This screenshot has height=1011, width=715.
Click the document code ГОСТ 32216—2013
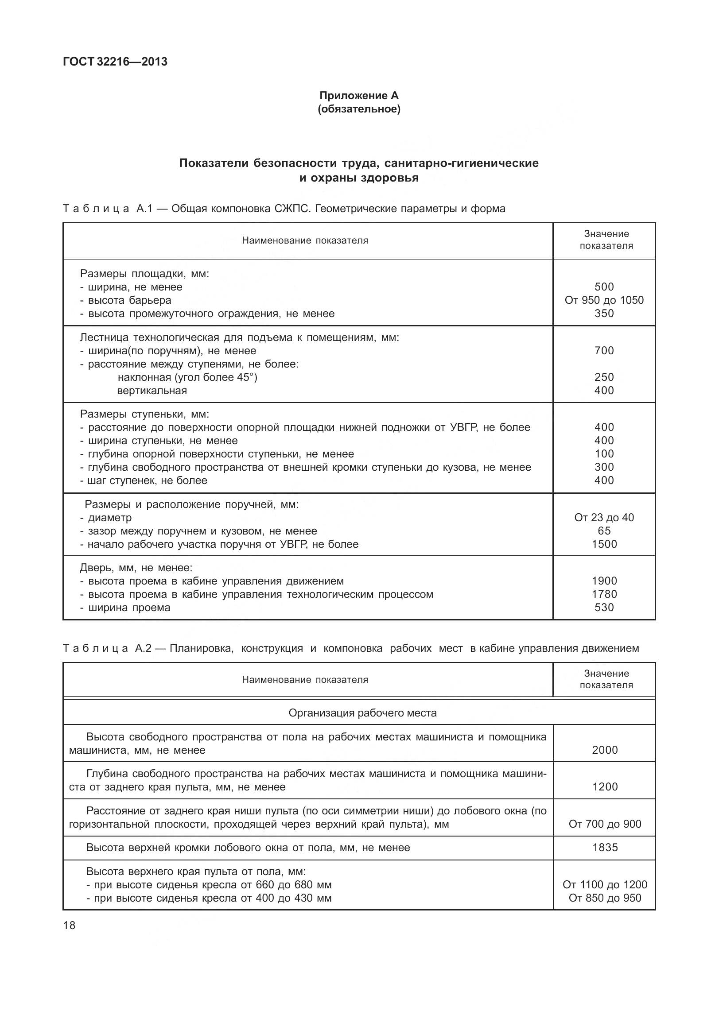coord(115,62)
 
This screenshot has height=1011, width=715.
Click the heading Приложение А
coord(359,96)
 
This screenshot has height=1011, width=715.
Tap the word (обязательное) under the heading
coord(359,109)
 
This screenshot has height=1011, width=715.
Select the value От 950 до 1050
coord(604,300)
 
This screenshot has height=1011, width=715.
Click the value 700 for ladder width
coord(604,351)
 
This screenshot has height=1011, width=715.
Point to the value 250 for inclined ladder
coord(604,377)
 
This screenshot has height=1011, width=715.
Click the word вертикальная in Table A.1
coord(152,391)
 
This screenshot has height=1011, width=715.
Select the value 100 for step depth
coord(604,454)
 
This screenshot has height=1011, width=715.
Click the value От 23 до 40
coord(604,518)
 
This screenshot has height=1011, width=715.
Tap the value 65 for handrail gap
coord(604,531)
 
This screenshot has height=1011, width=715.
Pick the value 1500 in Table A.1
coord(604,544)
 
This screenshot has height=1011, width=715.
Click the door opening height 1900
coord(604,581)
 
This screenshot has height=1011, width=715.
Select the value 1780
coord(604,594)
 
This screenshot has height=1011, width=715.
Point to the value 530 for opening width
coord(604,608)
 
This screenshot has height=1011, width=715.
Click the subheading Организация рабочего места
coord(362,713)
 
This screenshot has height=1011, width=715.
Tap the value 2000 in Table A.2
coord(605,750)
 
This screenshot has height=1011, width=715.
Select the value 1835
coord(605,848)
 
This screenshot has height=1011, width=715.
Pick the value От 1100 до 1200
coord(605,885)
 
